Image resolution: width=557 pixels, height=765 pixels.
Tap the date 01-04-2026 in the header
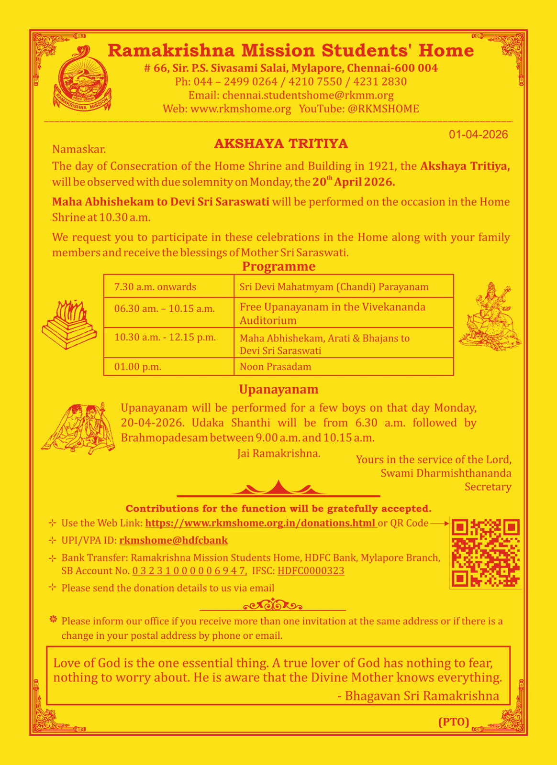478,135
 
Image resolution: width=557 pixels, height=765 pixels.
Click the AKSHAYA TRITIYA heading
281,144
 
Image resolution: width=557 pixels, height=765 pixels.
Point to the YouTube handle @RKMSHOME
383,109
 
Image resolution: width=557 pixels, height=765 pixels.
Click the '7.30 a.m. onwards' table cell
155,287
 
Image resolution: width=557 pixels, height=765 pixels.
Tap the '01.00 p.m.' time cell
138,367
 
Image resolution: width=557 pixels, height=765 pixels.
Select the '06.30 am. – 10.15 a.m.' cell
164,308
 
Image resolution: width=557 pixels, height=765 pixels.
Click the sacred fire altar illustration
69,324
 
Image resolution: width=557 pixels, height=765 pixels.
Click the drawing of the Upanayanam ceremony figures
78,427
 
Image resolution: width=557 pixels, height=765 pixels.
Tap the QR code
485,553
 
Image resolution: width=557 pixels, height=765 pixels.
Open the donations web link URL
260,523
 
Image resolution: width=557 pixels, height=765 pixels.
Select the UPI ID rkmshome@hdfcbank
173,540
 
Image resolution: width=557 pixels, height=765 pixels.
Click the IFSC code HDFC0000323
311,571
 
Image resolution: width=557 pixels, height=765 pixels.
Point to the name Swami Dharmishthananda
446,473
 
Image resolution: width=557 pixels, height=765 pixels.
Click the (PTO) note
454,722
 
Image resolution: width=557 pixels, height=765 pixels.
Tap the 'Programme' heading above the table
278,266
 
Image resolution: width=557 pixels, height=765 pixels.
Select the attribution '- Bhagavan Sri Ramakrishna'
418,696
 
